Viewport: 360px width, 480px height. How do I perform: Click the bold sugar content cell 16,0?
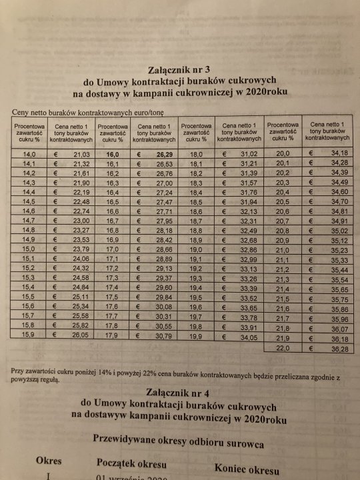pyautogui.click(x=111, y=154)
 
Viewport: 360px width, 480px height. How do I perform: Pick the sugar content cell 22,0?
pyautogui.click(x=284, y=348)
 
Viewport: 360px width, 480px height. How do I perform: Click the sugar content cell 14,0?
pyautogui.click(x=29, y=154)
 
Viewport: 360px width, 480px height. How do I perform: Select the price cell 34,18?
pyautogui.click(x=335, y=154)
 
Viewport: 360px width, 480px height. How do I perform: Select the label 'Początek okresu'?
pyautogui.click(x=131, y=463)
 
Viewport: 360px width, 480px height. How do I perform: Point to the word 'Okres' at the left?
pyautogui.click(x=49, y=461)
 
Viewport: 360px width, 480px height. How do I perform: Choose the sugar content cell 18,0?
pyautogui.click(x=195, y=154)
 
